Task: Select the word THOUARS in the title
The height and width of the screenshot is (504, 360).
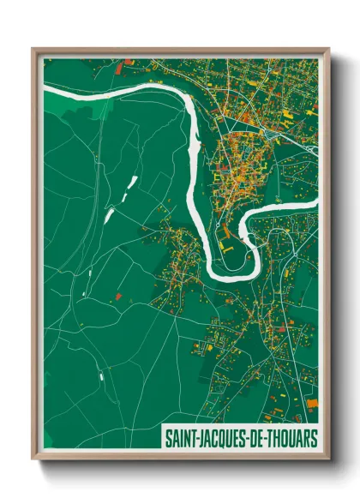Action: pyautogui.click(x=291, y=437)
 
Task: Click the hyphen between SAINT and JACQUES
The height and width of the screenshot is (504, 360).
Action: pyautogui.click(x=197, y=437)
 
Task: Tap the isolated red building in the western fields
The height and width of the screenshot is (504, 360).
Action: pyautogui.click(x=117, y=297)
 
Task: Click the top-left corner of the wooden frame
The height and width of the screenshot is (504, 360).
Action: pyautogui.click(x=33, y=49)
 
